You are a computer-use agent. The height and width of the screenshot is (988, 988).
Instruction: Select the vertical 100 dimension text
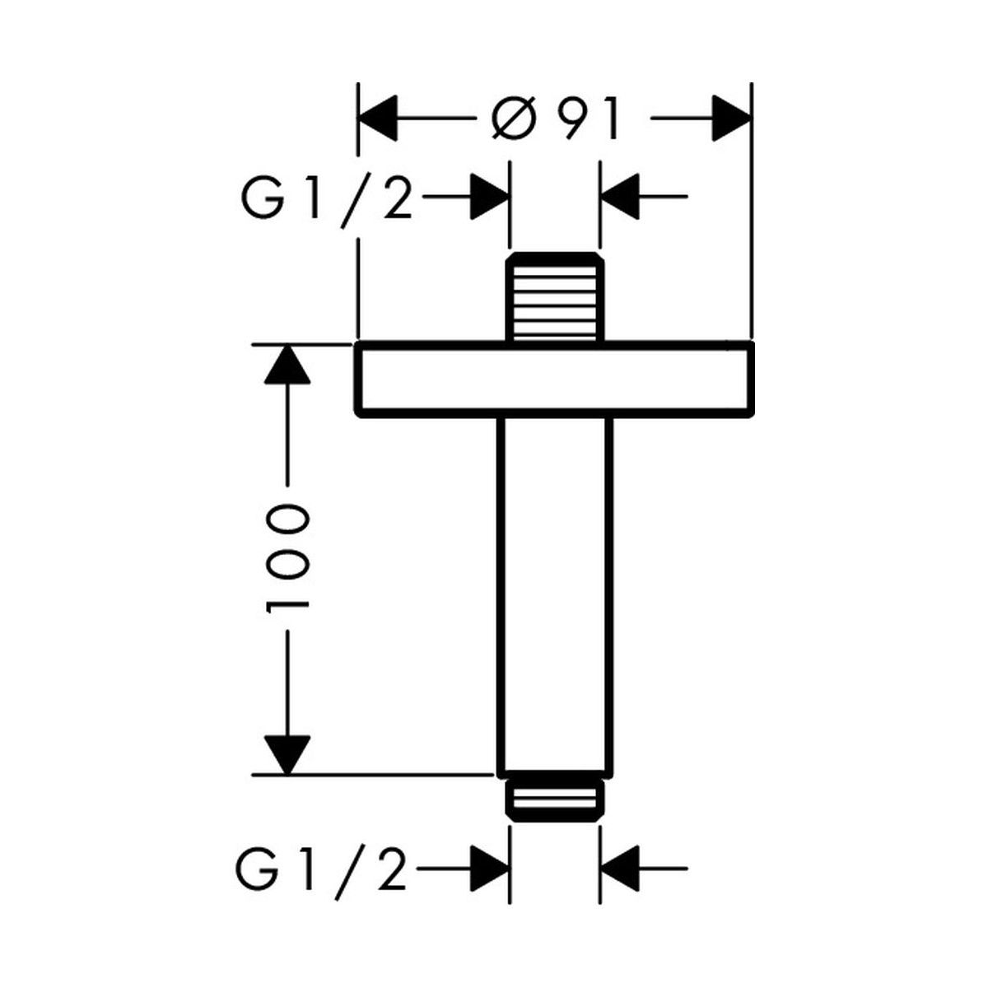pyautogui.click(x=288, y=558)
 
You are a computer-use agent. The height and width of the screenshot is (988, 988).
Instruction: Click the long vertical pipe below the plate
pyautogui.click(x=554, y=593)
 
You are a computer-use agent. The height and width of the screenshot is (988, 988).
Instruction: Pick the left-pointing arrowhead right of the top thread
pyautogui.click(x=621, y=198)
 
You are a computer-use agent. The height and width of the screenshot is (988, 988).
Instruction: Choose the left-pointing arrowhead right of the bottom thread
pyautogui.click(x=621, y=868)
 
